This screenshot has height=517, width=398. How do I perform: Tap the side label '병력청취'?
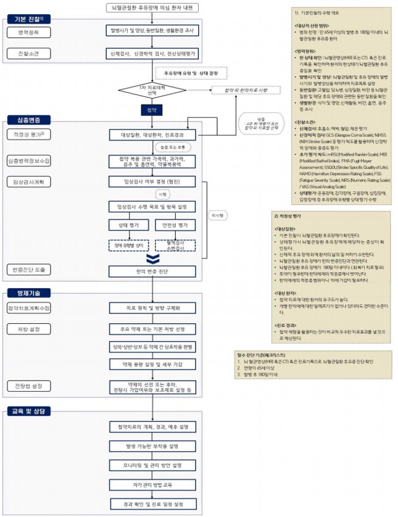28,32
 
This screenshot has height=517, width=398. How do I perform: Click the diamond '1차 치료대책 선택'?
152,89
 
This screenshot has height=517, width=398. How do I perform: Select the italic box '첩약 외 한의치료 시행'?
240,89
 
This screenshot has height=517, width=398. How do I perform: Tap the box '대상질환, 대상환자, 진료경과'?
152,134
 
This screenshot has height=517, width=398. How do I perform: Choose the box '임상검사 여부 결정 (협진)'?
152,181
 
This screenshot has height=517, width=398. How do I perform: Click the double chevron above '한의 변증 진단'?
152,258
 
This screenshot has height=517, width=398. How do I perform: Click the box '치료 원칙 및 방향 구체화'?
152,308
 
